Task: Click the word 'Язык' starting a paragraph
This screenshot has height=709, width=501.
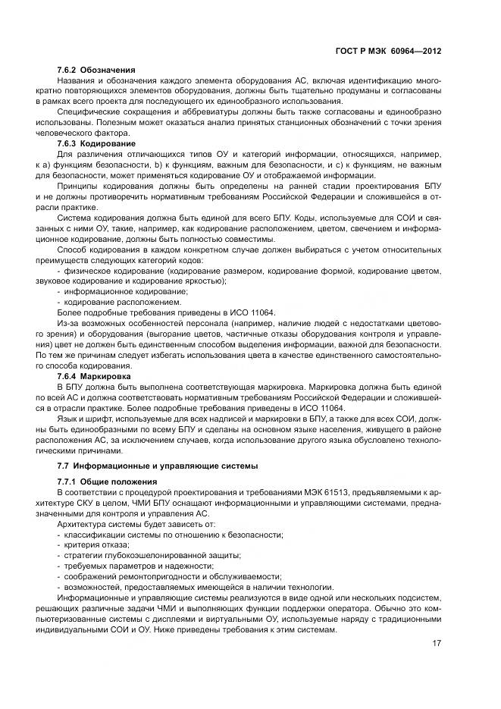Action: click(67, 418)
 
